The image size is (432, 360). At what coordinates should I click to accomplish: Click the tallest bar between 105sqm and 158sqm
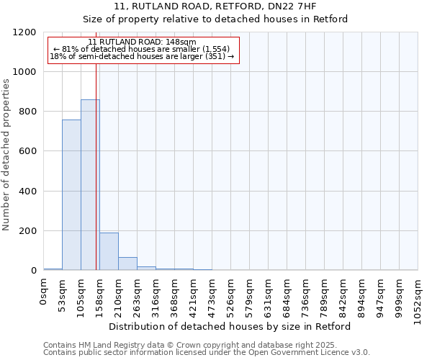(90, 185)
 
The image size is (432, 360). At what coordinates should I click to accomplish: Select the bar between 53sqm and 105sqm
(71, 194)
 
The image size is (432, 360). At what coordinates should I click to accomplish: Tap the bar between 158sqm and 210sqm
(109, 251)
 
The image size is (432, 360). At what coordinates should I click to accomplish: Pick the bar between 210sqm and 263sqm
(127, 264)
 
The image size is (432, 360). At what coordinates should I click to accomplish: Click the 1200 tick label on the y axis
(24, 32)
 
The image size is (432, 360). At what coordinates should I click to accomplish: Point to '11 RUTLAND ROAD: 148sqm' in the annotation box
(141, 42)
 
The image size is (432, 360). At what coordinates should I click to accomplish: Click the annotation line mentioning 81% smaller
(141, 49)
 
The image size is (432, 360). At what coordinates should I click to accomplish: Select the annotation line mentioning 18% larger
(141, 56)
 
